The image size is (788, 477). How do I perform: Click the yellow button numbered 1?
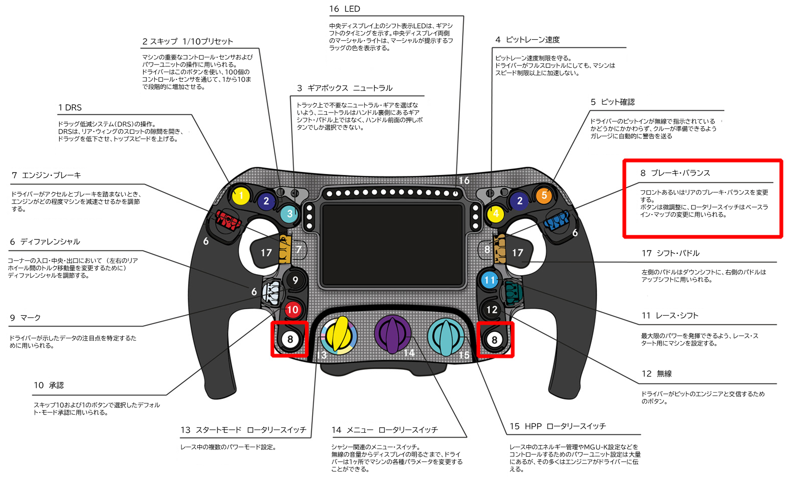(241, 196)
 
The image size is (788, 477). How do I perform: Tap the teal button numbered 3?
(289, 214)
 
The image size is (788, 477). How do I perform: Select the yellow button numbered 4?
(496, 214)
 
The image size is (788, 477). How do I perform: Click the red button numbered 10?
(293, 310)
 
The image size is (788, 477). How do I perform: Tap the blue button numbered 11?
(489, 280)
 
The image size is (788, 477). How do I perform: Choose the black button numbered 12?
(492, 310)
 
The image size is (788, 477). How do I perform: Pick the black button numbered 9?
(295, 280)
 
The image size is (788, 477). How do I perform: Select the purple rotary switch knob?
(392, 334)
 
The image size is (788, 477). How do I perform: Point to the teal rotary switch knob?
(446, 336)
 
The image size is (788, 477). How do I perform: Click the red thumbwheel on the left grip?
(228, 220)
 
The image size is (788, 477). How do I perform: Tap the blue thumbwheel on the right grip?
(557, 221)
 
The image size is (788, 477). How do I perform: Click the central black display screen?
(392, 245)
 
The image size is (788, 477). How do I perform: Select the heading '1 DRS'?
(70, 107)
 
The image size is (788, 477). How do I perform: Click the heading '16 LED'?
(345, 9)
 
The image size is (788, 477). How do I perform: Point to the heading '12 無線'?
(656, 374)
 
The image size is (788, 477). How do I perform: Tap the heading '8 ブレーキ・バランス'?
(675, 173)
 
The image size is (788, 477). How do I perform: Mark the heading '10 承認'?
(48, 385)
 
